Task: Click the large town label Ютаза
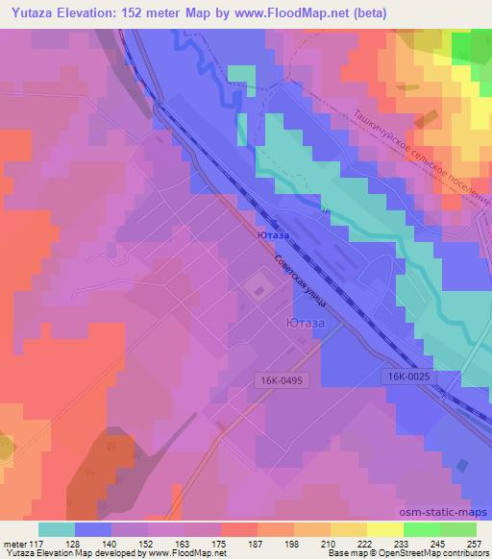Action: (x=306, y=324)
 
